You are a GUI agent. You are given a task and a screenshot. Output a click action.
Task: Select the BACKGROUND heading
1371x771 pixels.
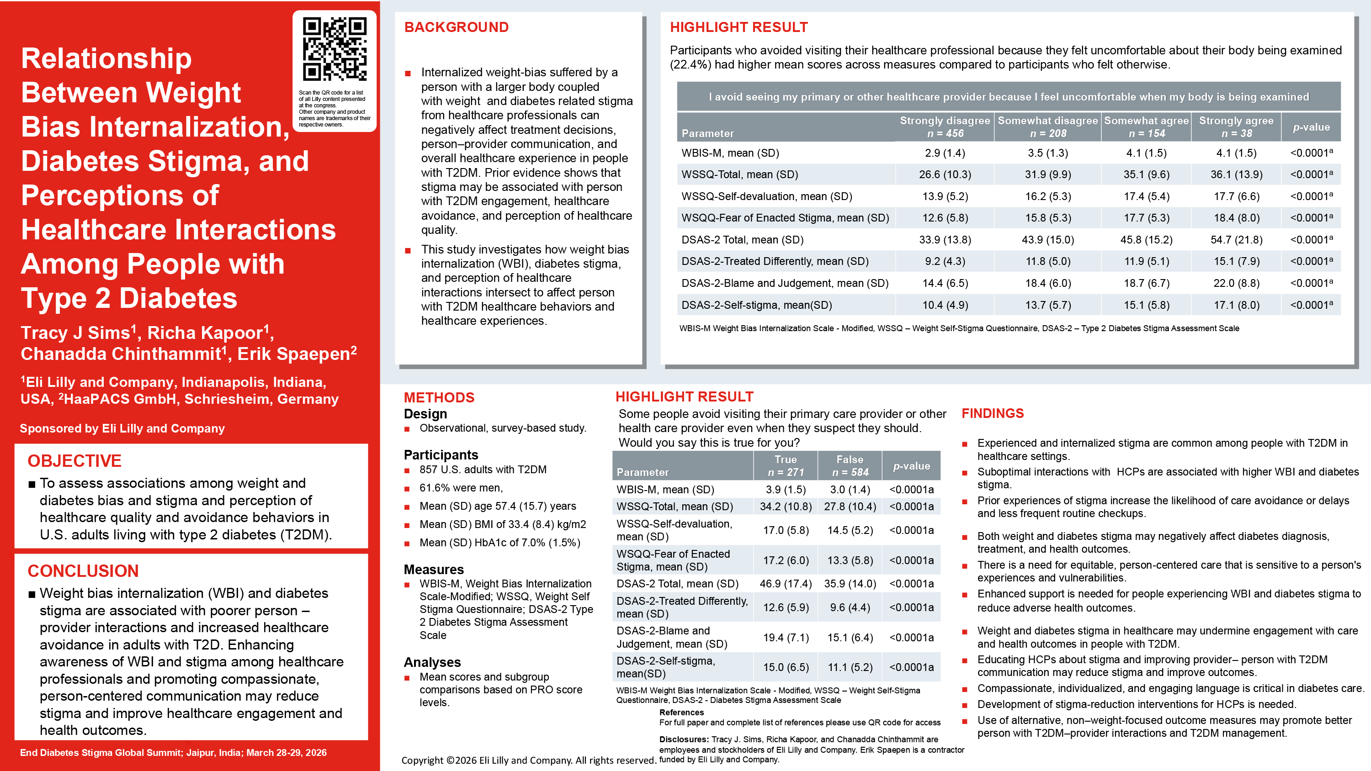click(456, 27)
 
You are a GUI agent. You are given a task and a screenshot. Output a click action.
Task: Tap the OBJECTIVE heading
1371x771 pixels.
click(74, 461)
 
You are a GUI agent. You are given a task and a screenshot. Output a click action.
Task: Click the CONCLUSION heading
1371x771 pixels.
click(83, 571)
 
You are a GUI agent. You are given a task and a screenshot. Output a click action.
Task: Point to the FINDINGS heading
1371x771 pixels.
click(992, 413)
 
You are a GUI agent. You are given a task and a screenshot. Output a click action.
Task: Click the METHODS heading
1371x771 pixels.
click(439, 397)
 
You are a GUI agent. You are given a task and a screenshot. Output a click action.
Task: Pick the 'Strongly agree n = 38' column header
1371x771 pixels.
click(1236, 127)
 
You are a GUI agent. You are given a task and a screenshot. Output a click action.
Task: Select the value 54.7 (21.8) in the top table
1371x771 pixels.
click(1236, 240)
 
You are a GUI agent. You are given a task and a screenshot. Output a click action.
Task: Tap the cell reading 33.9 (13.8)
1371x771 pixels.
click(945, 240)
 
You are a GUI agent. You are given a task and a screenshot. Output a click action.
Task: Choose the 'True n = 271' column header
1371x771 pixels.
click(786, 465)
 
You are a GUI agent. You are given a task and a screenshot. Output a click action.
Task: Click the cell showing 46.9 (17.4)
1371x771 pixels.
click(786, 584)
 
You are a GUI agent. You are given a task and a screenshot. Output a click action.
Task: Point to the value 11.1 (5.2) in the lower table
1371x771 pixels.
click(850, 667)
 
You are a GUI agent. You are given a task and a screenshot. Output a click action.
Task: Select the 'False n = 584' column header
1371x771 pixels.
click(850, 465)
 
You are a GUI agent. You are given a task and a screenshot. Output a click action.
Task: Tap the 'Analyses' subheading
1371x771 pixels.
click(432, 662)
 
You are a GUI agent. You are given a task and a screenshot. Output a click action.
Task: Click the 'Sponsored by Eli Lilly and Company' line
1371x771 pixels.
click(122, 428)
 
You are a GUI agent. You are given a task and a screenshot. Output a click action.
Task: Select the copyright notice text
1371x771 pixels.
click(528, 760)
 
